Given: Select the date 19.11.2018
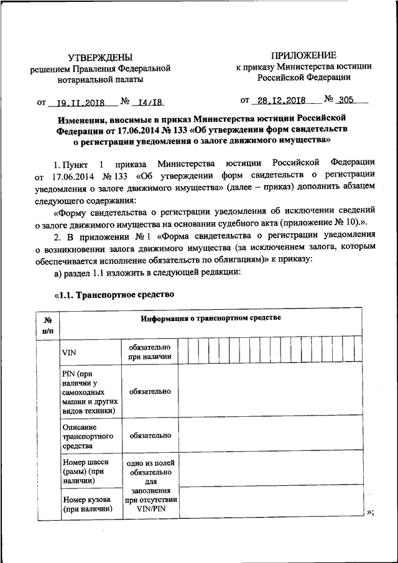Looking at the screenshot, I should (x=79, y=103).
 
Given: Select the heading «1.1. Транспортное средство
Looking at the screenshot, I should (x=113, y=294).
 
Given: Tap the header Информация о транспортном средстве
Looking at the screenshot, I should (x=211, y=318).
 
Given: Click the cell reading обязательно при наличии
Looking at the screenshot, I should (x=150, y=352).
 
